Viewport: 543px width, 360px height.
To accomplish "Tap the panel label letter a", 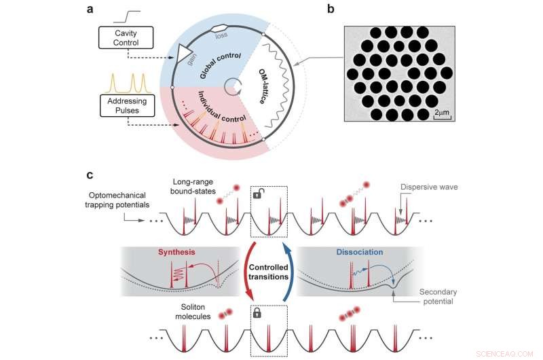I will point(90,10).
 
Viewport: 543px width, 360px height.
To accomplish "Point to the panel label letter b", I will point(349,10).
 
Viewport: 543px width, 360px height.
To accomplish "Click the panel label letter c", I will point(90,175).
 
